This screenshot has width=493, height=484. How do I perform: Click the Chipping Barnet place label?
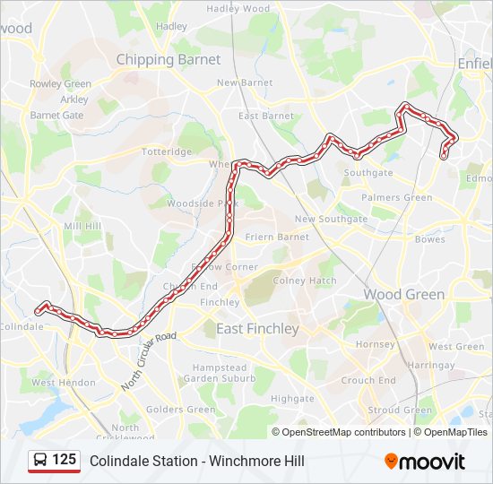point(168,59)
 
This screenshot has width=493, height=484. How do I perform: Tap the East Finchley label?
point(257,329)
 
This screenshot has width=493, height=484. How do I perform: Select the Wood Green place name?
point(403,294)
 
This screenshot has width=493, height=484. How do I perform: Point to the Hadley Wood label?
point(238,8)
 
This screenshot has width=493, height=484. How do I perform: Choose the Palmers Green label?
point(396,197)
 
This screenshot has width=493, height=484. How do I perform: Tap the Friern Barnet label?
point(279,237)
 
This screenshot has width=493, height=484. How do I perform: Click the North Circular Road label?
point(150,361)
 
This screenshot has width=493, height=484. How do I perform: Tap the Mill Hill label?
point(83,226)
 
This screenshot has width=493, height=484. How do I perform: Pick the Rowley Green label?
point(60,84)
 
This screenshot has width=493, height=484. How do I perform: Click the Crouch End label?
point(368,380)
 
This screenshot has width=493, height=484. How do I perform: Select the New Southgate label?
point(331,219)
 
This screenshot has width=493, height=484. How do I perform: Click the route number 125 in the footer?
point(64,460)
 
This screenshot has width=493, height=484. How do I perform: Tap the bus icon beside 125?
point(40,461)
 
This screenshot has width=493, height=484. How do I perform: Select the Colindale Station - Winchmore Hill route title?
point(196,461)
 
